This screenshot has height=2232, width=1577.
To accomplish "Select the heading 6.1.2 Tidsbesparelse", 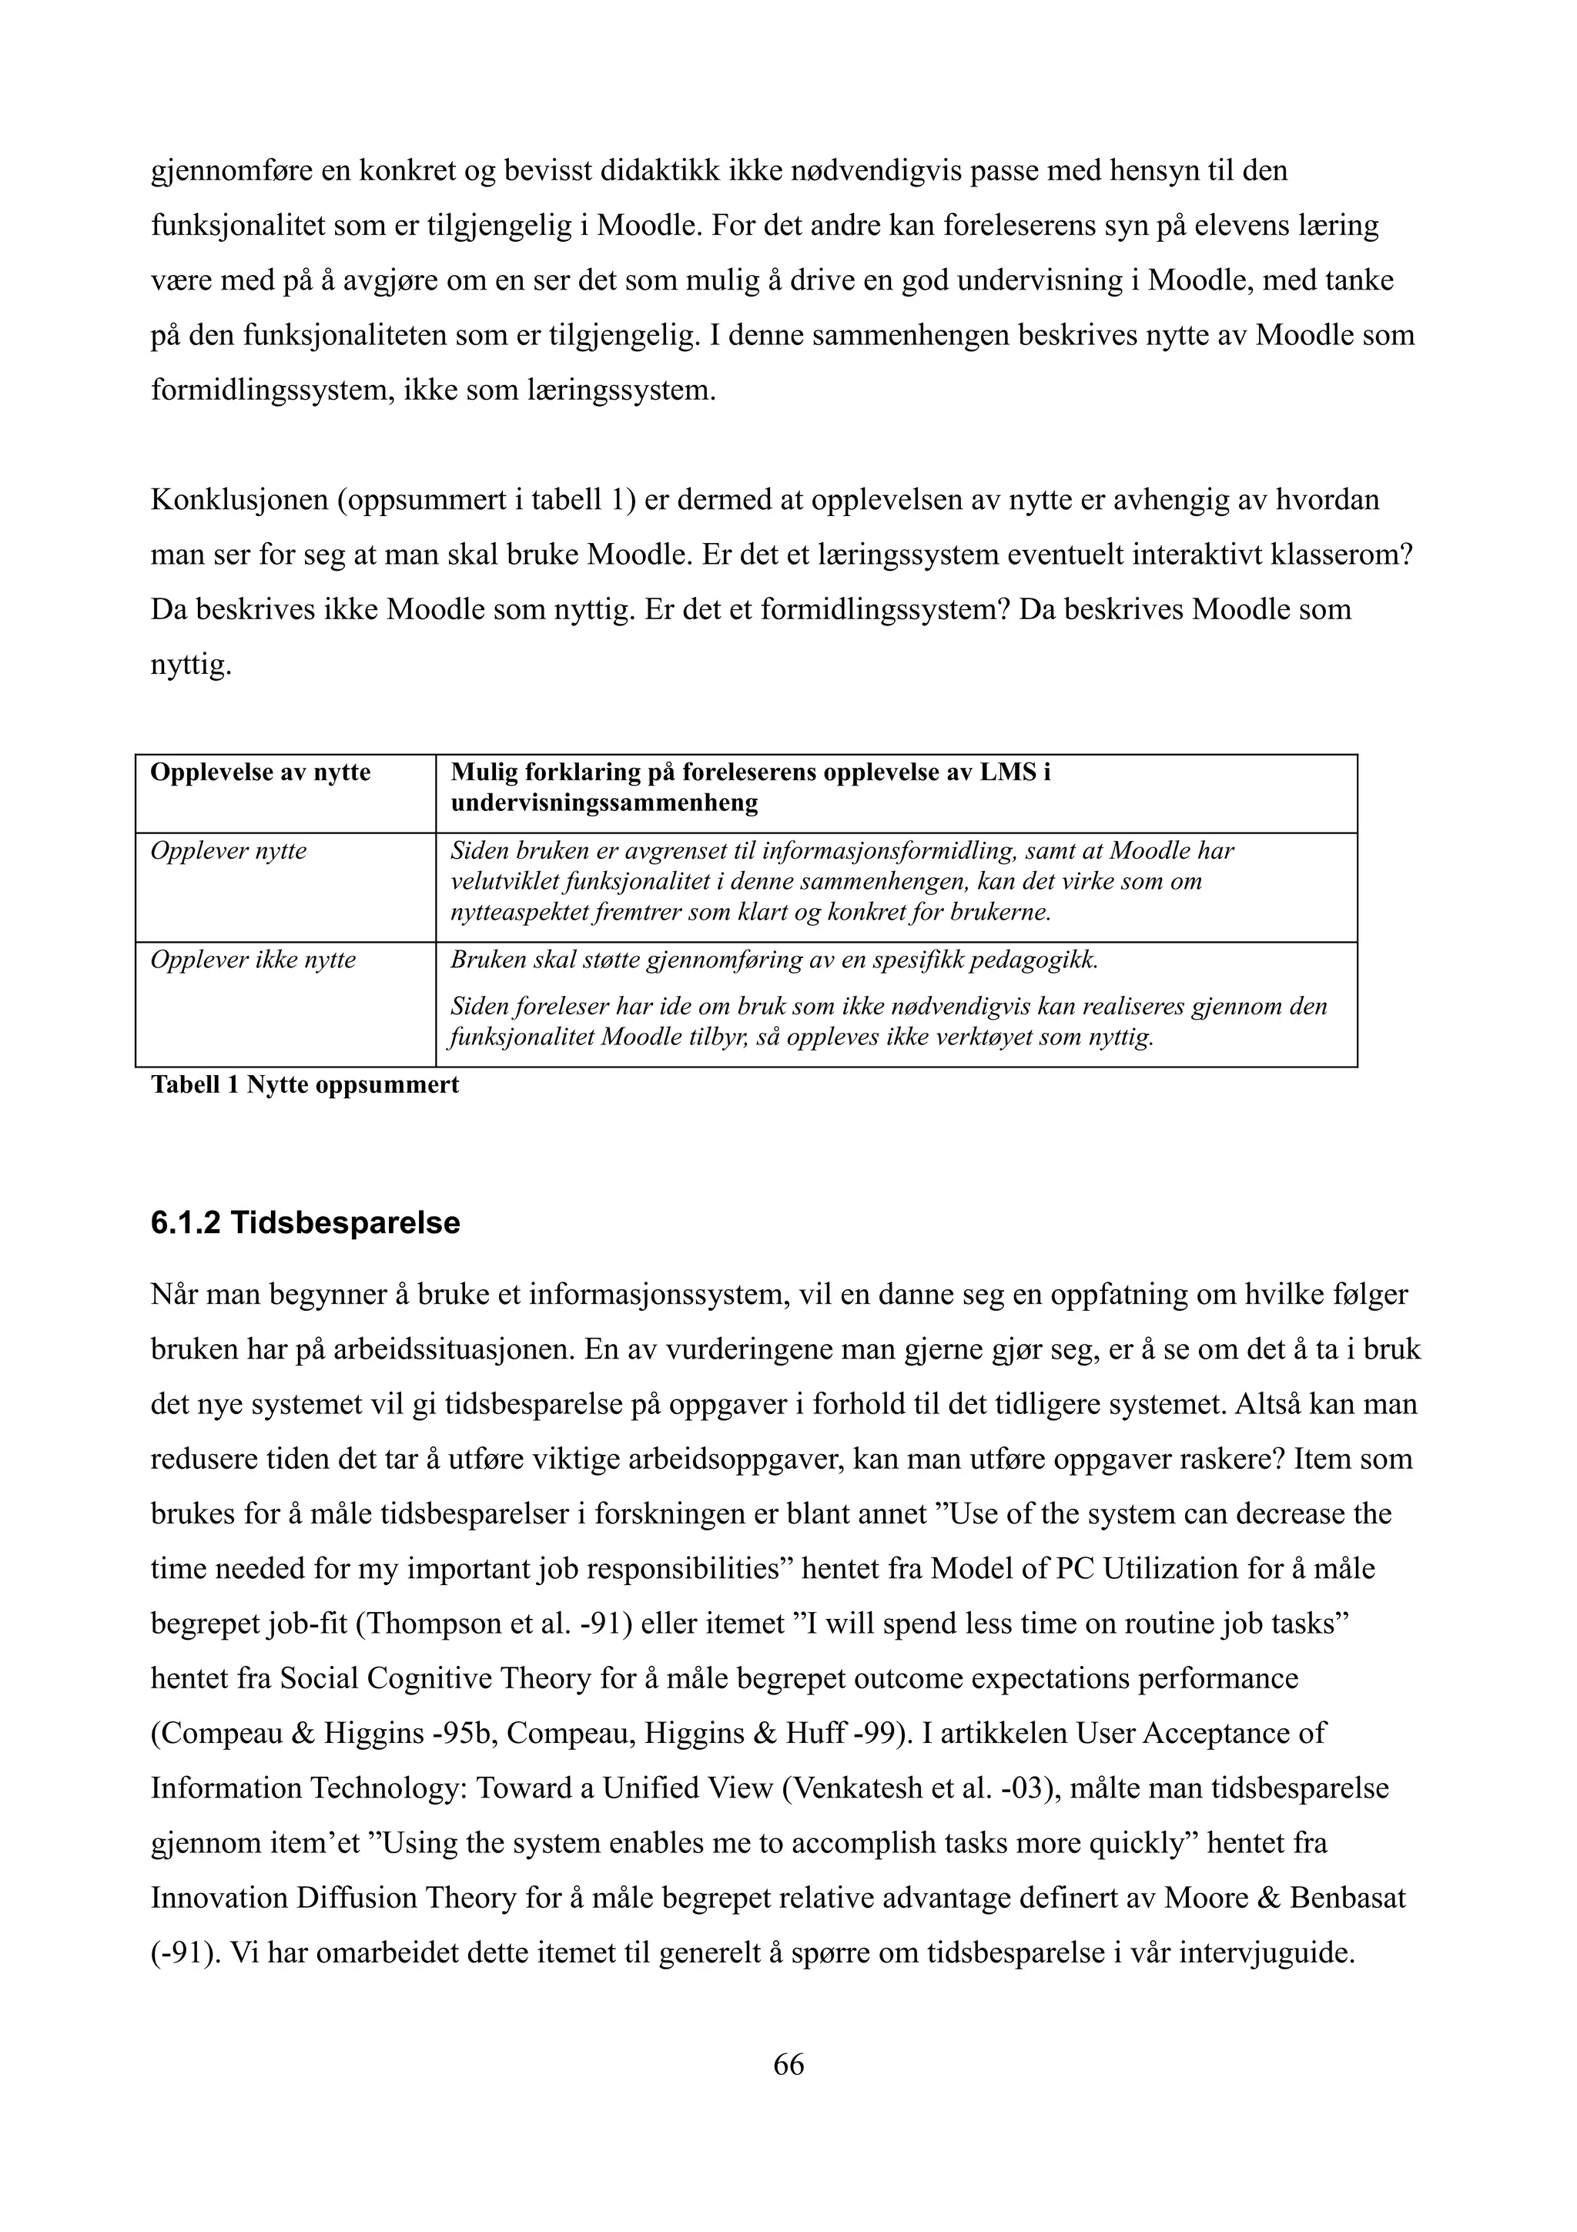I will tap(305, 1222).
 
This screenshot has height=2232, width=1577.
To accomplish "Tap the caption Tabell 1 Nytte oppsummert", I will tap(304, 1085).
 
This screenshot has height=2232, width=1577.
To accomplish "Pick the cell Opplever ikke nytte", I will tap(253, 960).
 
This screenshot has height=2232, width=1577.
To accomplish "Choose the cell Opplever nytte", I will tap(229, 852).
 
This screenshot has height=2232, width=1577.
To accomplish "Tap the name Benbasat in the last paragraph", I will tap(1348, 1898).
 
